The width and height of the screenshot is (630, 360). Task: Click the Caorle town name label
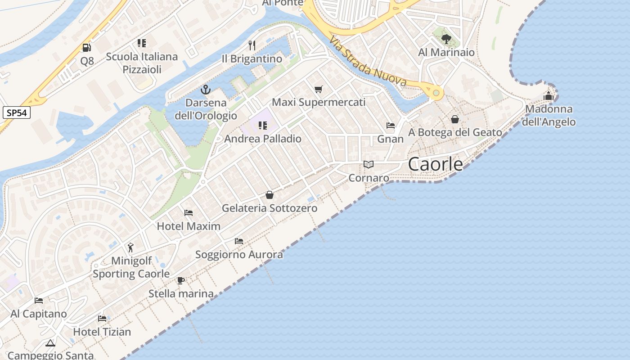pyautogui.click(x=435, y=164)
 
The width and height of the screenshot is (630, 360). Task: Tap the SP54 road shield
pyautogui.click(x=17, y=112)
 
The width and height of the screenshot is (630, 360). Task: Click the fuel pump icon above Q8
pyautogui.click(x=86, y=47)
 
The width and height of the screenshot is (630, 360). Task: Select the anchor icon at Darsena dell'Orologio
pyautogui.click(x=206, y=89)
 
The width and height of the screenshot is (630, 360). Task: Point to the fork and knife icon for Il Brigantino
pyautogui.click(x=252, y=45)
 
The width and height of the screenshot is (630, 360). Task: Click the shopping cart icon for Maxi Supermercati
pyautogui.click(x=319, y=89)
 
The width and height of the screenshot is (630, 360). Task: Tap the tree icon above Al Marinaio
pyautogui.click(x=446, y=39)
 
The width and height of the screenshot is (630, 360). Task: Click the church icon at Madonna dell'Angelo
pyautogui.click(x=549, y=96)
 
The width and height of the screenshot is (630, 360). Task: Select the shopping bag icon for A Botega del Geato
pyautogui.click(x=455, y=119)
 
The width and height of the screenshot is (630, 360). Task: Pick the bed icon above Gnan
pyautogui.click(x=391, y=126)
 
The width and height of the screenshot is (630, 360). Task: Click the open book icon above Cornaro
pyautogui.click(x=369, y=165)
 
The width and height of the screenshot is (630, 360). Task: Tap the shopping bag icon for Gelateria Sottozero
pyautogui.click(x=270, y=195)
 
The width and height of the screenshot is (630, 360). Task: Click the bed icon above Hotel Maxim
pyautogui.click(x=189, y=212)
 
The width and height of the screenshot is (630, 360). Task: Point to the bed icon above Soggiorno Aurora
pyautogui.click(x=239, y=241)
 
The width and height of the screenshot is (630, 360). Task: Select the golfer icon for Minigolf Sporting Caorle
pyautogui.click(x=131, y=247)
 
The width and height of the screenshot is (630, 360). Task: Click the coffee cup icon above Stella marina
pyautogui.click(x=181, y=280)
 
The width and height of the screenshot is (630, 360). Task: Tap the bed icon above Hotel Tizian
pyautogui.click(x=102, y=319)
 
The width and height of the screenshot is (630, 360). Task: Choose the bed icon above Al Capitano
pyautogui.click(x=39, y=301)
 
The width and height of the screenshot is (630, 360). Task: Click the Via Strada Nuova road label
pyautogui.click(x=368, y=61)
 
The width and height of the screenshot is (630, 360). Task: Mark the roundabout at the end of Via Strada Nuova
pyautogui.click(x=436, y=93)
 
